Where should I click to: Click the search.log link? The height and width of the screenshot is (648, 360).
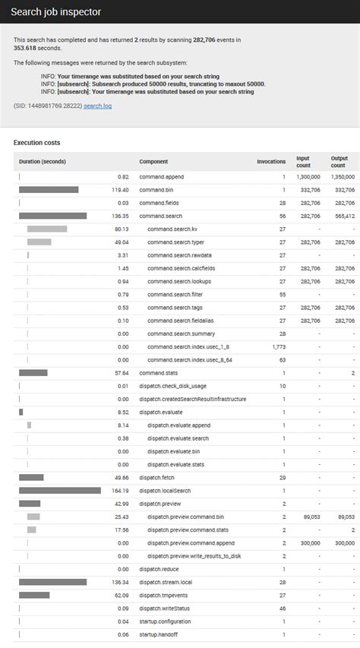[x=97, y=106]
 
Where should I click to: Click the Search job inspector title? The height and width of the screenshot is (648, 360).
[x=55, y=12]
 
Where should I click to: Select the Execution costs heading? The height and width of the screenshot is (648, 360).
[x=36, y=143]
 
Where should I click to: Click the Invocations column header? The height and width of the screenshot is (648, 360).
[x=271, y=161]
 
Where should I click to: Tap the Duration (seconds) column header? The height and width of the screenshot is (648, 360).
[x=43, y=161]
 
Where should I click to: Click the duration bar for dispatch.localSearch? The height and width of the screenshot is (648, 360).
[x=60, y=491]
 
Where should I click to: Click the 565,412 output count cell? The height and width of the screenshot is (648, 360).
[x=344, y=216]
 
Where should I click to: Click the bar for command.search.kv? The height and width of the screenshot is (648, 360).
[x=47, y=229]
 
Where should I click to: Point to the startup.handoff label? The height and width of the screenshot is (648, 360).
[x=157, y=634]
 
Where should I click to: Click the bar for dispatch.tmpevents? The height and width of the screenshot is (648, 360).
[x=34, y=595]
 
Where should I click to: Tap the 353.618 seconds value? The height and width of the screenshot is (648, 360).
[x=25, y=48]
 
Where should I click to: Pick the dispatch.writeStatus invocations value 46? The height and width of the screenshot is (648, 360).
[x=282, y=608]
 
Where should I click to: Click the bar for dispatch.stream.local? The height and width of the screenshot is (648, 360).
[x=53, y=582]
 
